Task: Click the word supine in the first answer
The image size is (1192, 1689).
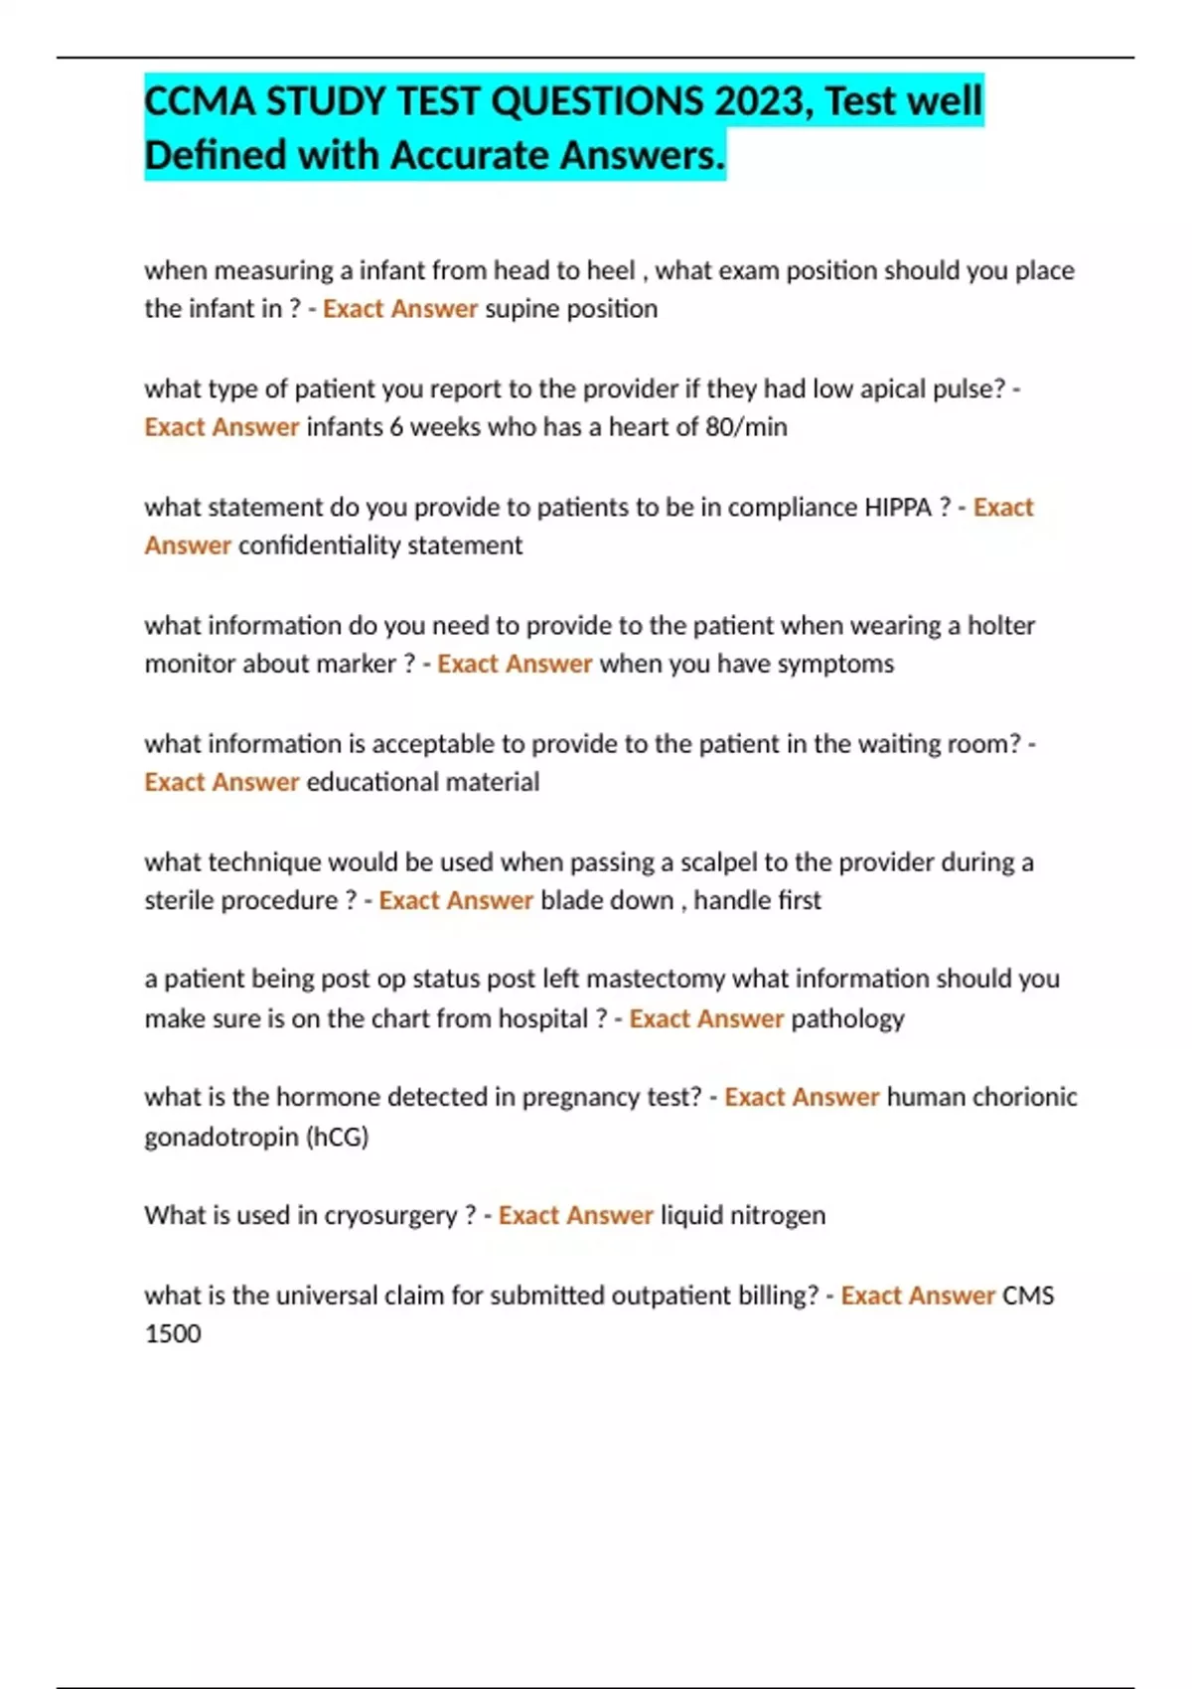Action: tap(521, 309)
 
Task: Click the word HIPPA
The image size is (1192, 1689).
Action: tap(898, 507)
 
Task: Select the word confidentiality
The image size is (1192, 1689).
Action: tap(320, 545)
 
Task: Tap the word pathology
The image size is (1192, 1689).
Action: tap(847, 1018)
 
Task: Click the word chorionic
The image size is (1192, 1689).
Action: tap(1024, 1097)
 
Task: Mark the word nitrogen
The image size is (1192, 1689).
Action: tap(778, 1216)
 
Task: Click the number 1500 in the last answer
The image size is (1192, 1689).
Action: tap(173, 1333)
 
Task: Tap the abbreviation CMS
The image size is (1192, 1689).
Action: tap(1028, 1296)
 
